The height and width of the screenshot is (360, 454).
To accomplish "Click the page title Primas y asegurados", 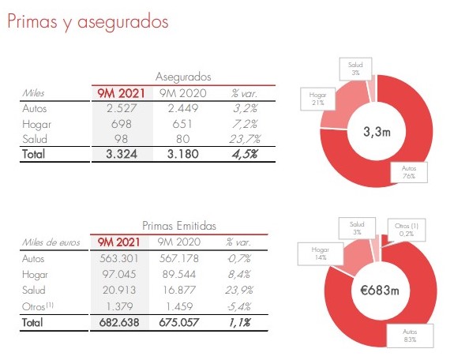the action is coord(88,22).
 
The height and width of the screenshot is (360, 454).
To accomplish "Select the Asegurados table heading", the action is coord(183,77).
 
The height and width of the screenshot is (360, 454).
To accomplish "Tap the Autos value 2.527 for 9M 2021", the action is coord(122,108).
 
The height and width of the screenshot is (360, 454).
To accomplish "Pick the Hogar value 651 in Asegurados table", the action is coord(182,124).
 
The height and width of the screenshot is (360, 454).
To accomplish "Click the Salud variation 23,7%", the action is coord(245,139).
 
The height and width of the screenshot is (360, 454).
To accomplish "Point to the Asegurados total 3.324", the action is coord(122,154).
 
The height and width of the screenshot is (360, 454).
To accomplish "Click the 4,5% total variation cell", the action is coord(245,154).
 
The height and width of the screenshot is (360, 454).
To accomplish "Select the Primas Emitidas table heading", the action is coord(179,226).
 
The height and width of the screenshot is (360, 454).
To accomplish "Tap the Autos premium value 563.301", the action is coord(119,258).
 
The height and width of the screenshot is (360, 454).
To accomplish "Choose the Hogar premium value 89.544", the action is coord(179,274).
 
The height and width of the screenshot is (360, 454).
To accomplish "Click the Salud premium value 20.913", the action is coord(119,290).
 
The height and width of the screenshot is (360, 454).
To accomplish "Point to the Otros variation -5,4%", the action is coord(239,306).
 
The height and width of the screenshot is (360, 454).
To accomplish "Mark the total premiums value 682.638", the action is coord(119,322).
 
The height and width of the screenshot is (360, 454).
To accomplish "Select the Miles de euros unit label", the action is coord(51,242).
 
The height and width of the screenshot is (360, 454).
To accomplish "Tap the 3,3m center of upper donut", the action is coord(377,132).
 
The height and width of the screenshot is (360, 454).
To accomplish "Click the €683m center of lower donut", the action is coord(380,290).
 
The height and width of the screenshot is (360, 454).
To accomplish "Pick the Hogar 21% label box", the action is coord(317,99).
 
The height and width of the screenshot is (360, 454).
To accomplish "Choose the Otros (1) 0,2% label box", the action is coord(407,230).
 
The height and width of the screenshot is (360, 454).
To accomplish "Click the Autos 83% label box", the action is coord(410,336).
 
